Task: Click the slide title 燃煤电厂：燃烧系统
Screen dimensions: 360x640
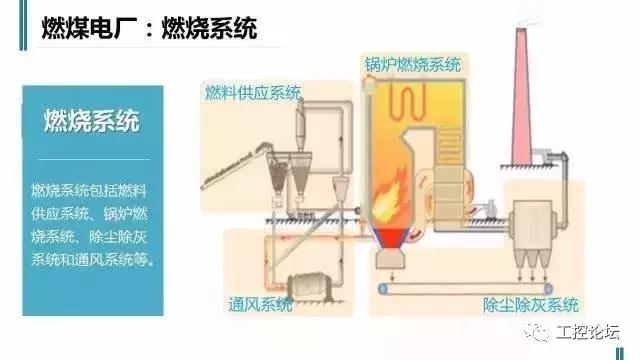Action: pyautogui.click(x=149, y=29)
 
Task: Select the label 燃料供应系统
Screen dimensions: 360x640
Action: pyautogui.click(x=251, y=93)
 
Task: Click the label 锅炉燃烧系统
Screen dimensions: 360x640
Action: pyautogui.click(x=412, y=66)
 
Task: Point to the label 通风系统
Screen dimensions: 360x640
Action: pyautogui.click(x=263, y=303)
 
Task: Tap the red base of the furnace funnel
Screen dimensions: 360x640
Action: pyautogui.click(x=394, y=238)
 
